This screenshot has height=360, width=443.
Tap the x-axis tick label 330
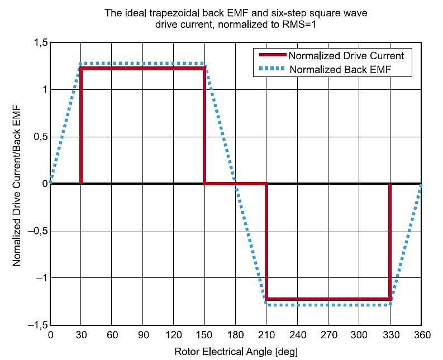390,335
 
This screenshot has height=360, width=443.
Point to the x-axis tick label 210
266,335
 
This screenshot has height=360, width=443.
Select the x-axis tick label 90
143,335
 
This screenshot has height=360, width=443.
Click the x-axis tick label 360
421,335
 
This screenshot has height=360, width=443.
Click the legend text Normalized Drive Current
351,56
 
